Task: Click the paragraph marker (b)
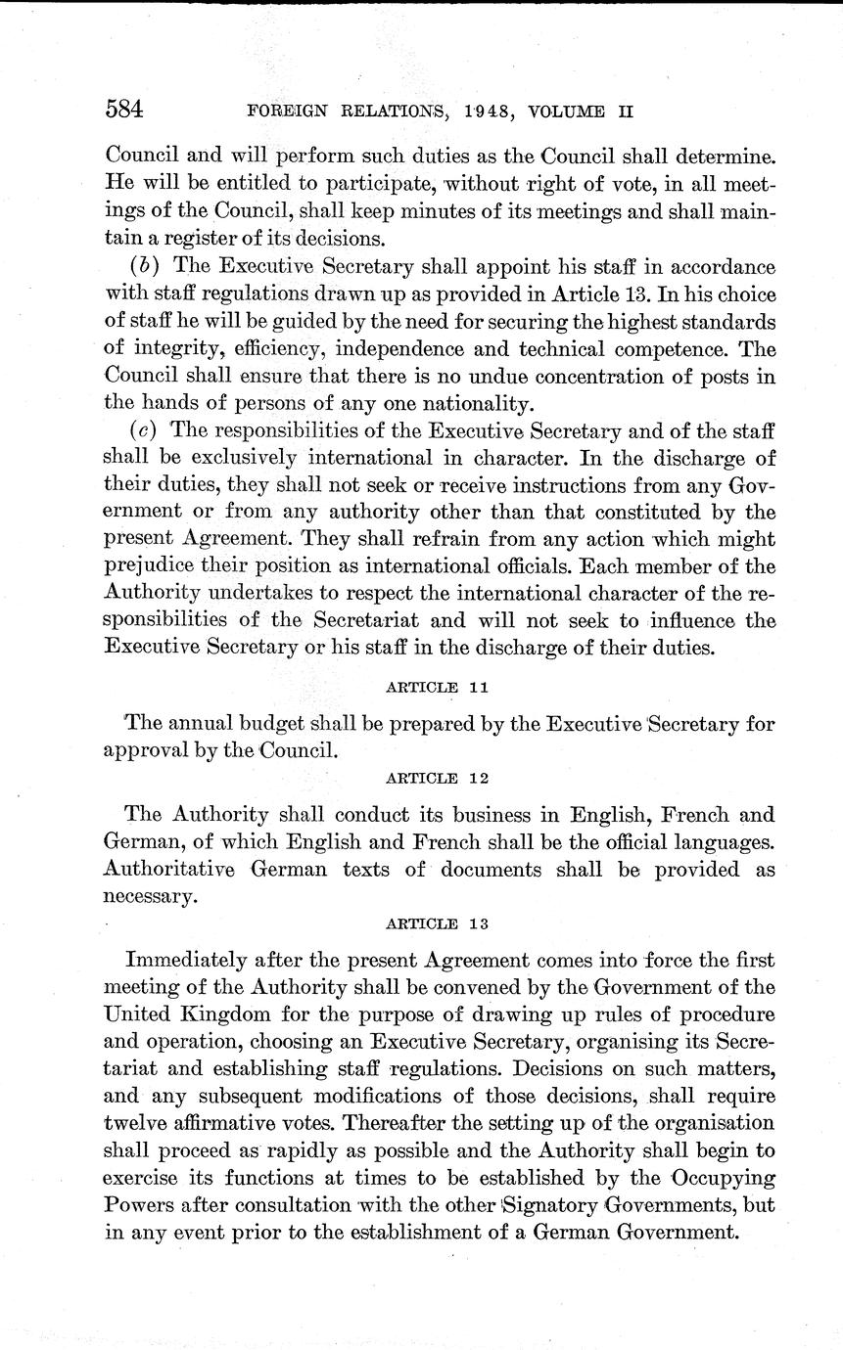143,267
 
